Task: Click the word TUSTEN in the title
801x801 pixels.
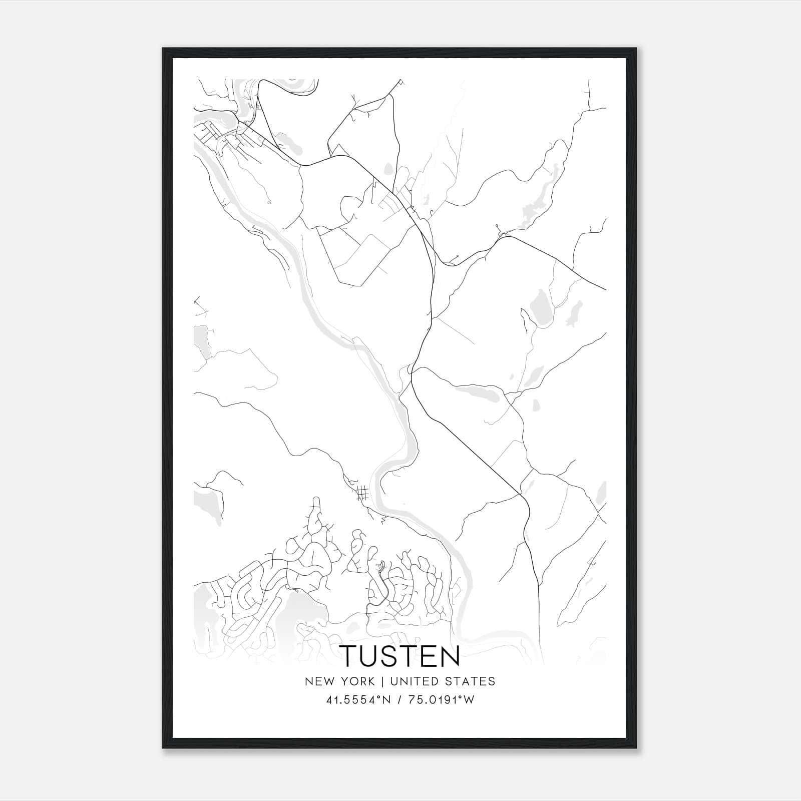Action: [400, 656]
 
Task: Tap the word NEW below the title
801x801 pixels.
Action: [317, 681]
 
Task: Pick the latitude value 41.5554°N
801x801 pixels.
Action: [356, 700]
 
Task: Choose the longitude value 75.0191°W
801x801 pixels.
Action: [441, 700]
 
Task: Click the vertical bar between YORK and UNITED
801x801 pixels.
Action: [382, 681]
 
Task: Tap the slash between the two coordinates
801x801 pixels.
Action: [399, 700]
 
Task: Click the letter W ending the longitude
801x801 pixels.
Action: [469, 700]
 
